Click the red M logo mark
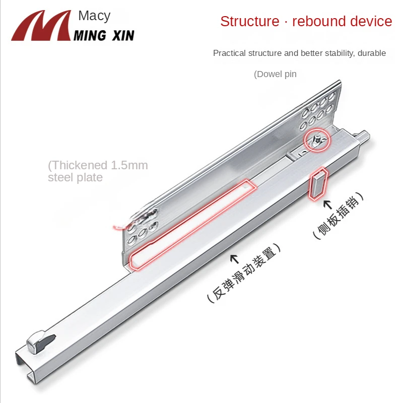pyautogui.click(x=41, y=26)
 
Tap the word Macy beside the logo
pyautogui.click(x=94, y=17)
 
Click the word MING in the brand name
pyautogui.click(x=90, y=35)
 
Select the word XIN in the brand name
pyautogui.click(x=123, y=35)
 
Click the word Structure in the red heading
pyautogui.click(x=249, y=21)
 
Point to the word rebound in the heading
pyautogui.click(x=319, y=21)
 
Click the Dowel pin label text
pyautogui.click(x=275, y=74)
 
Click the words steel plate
pyautogui.click(x=75, y=177)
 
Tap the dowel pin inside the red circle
pyautogui.click(x=317, y=141)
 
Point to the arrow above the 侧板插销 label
pyautogui.click(x=327, y=205)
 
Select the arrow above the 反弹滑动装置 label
pyautogui.click(x=234, y=259)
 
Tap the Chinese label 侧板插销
pyautogui.click(x=338, y=216)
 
